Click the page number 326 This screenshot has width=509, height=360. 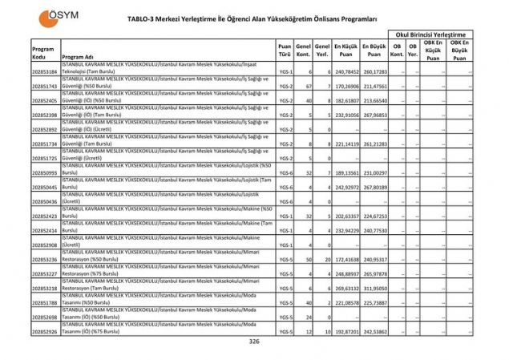[x=254, y=342]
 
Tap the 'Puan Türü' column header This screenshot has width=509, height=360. [x=284, y=52]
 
